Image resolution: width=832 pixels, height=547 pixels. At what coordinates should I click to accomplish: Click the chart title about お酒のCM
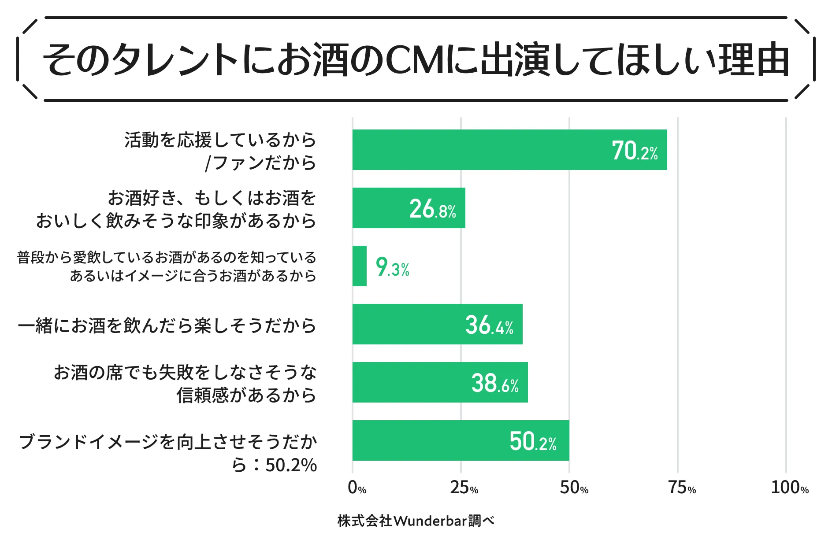[x=415, y=59]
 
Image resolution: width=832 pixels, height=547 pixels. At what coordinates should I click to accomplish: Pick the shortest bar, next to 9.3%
[x=360, y=266]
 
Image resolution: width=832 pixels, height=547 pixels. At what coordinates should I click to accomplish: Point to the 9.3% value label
[x=392, y=267]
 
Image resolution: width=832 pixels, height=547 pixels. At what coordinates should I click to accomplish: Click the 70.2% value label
[x=635, y=151]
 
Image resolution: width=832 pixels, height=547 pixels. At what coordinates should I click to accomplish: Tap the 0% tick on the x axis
[x=357, y=488]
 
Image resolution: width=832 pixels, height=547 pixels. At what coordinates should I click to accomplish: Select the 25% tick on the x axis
[x=464, y=488]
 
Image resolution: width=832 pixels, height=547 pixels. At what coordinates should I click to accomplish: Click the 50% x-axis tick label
[x=574, y=488]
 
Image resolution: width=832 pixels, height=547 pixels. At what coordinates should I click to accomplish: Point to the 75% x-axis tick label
[x=682, y=488]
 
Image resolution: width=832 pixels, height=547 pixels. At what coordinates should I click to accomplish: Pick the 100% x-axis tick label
[x=789, y=488]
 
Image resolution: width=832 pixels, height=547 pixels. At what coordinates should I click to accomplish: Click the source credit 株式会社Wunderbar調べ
[x=416, y=521]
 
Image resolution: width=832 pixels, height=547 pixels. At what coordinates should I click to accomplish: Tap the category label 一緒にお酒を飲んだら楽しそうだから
[x=167, y=325]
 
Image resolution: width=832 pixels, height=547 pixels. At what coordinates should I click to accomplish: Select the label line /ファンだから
[x=260, y=163]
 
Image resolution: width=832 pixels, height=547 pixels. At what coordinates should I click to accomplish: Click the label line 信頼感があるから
[x=246, y=395]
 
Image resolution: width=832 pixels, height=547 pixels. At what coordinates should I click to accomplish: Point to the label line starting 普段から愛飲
[x=167, y=257]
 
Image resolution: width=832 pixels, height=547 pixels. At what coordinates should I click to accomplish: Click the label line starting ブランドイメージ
[x=167, y=442]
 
